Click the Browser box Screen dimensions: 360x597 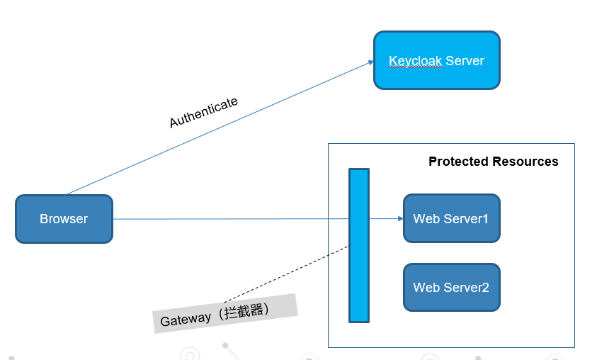64,219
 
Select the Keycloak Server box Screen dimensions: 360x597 436,60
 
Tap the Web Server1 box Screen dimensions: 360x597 451,218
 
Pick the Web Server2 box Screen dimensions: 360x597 451,287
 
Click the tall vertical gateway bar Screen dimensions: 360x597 359,245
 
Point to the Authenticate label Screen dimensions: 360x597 203,113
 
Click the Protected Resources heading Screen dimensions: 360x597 493,162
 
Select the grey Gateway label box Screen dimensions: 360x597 225,314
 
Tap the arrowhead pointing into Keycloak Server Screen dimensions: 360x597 370,62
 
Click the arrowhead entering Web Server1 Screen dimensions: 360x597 399,218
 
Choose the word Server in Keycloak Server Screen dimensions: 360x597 465,60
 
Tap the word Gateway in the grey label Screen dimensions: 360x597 186,320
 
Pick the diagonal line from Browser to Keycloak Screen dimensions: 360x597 220,128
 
